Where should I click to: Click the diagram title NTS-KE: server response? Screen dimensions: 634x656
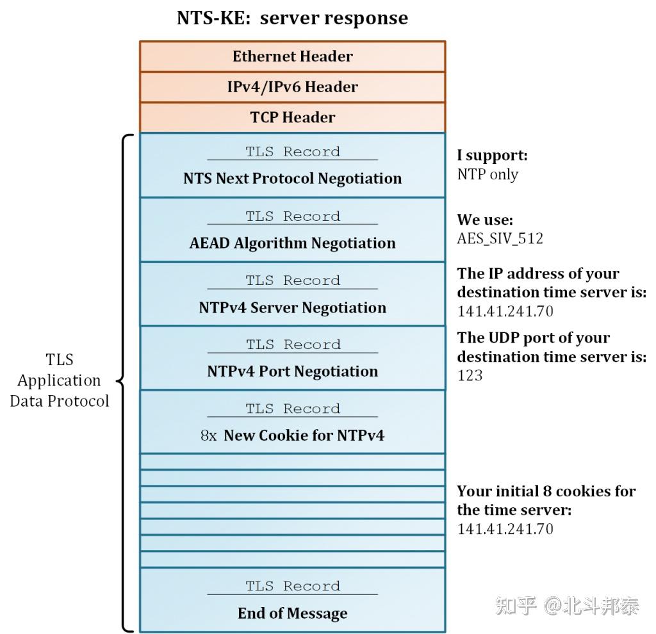[x=292, y=17]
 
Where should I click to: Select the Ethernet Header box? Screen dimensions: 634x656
[x=292, y=56]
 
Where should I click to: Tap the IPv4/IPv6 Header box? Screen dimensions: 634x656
[x=292, y=87]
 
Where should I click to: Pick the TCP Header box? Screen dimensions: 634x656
[x=292, y=117]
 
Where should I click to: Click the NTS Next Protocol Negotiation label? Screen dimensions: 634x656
[x=292, y=179]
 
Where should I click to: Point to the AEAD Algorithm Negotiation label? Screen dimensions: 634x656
[x=292, y=243]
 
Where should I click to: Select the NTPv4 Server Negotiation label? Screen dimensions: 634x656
[x=292, y=307]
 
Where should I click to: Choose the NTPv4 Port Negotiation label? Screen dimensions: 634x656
[x=292, y=371]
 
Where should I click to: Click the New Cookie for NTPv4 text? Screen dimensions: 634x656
[x=304, y=435]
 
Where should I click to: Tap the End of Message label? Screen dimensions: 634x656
[x=292, y=614]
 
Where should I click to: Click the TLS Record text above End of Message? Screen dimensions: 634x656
[x=292, y=586]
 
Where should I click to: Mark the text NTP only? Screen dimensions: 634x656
[x=488, y=174]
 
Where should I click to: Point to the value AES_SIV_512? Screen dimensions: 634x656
[x=500, y=239]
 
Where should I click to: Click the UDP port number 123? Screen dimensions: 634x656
[x=470, y=375]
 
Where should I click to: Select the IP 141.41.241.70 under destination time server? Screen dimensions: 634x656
[x=505, y=312]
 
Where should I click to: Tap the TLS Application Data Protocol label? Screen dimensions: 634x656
[x=59, y=380]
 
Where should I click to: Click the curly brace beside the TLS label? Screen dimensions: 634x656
[x=126, y=382]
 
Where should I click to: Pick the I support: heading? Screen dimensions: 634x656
[x=492, y=155]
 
